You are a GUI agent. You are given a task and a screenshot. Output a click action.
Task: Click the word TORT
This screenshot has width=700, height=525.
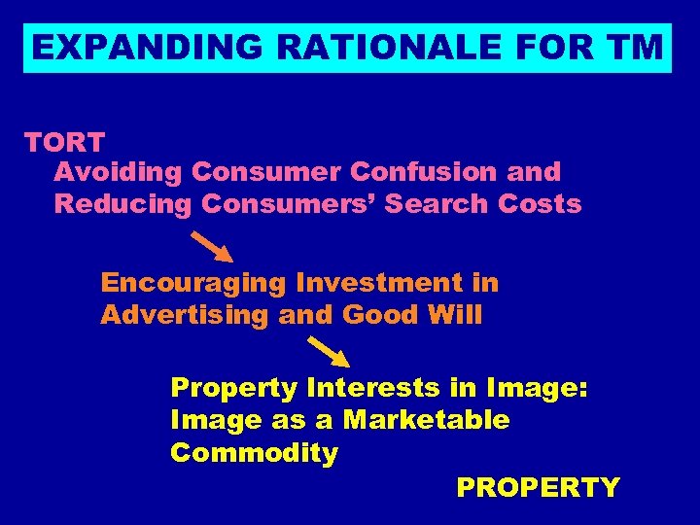point(64,142)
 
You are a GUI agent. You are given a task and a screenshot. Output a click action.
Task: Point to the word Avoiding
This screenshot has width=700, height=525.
point(119,172)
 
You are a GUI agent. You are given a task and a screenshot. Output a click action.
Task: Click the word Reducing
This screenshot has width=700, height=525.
point(123,204)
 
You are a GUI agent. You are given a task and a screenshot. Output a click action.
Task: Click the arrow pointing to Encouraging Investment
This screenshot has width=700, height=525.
point(211,247)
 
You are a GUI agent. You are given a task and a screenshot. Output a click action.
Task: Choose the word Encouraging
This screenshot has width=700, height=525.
point(193,283)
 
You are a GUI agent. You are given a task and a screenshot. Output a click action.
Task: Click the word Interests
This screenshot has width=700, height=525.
point(374,388)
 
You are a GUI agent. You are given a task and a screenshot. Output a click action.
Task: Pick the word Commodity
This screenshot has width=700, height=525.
point(254,453)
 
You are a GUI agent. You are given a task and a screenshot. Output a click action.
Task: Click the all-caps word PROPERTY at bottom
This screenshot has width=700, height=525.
point(538,487)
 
